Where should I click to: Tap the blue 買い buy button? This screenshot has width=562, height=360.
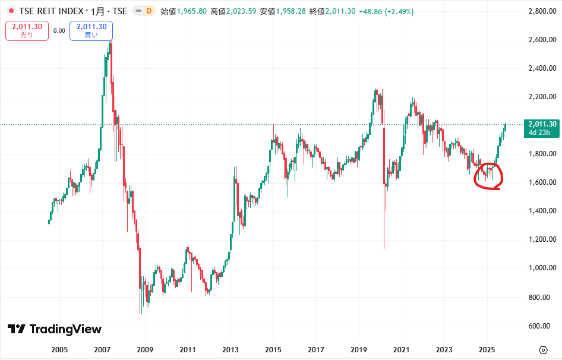click(91, 30)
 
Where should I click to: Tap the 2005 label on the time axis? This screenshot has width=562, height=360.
click(60, 349)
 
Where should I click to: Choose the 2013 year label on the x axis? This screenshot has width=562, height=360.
click(231, 349)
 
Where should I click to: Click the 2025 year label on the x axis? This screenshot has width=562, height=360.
click(487, 349)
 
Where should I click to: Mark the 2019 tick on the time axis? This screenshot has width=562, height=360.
click(359, 349)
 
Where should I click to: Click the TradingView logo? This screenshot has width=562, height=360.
click(55, 329)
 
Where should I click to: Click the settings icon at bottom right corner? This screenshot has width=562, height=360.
click(543, 349)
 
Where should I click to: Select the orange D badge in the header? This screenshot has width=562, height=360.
click(149, 11)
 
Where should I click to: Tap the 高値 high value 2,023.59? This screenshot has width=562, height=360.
click(240, 11)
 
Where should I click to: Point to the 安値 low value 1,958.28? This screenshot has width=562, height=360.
click(290, 11)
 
